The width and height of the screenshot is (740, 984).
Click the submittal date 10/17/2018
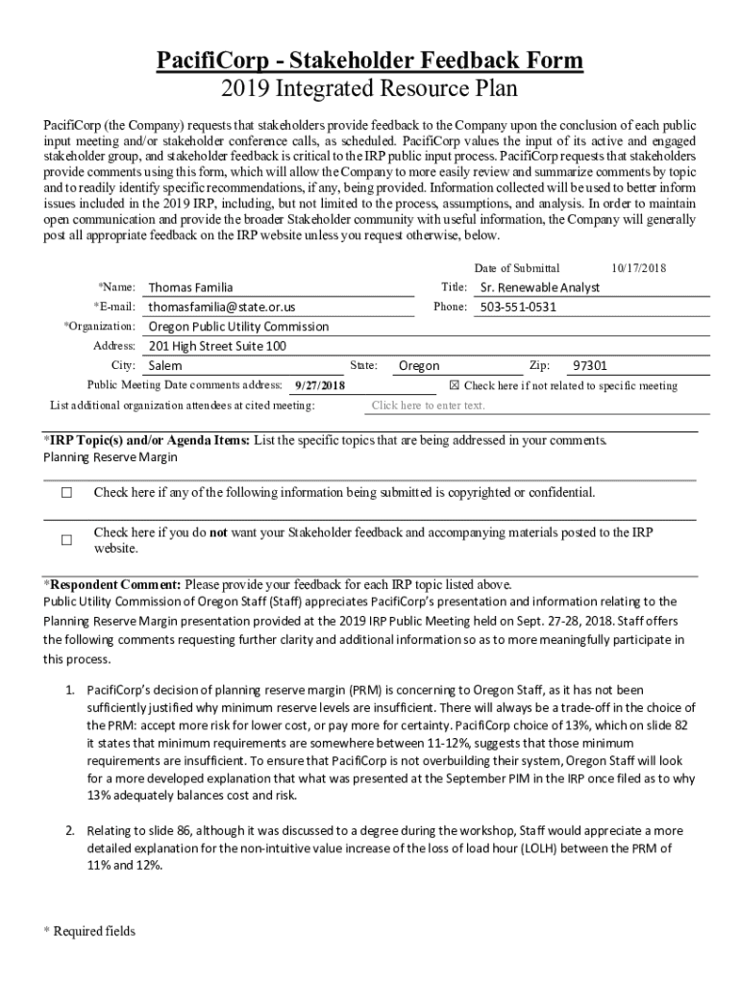pos(639,269)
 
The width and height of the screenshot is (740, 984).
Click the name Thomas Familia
pos(190,287)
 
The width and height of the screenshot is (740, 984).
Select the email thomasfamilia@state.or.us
pos(221,307)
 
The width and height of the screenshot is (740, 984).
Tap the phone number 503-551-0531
pos(518,307)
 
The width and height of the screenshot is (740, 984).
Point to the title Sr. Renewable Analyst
pos(539,287)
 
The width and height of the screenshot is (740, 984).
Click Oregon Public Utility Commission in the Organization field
pos(238,326)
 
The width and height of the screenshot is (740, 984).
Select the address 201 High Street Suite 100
pos(217,346)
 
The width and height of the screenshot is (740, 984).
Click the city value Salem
pos(165,365)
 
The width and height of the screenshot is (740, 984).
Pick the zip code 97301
pos(590,365)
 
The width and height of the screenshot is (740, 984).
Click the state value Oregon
pos(419,365)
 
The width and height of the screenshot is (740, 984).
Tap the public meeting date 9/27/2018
pos(319,385)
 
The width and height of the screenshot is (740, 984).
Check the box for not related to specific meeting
pos(456,385)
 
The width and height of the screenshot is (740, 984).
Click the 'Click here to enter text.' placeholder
pos(428,406)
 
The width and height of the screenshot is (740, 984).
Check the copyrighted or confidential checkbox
pos(66,493)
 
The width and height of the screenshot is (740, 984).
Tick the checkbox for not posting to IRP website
pos(66,540)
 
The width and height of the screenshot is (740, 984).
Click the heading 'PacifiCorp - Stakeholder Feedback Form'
pos(370,61)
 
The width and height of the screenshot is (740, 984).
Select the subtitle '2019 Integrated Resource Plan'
pos(370,89)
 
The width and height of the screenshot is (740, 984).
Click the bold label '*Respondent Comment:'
pos(112,584)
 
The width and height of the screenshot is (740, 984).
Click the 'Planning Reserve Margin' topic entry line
pos(111,457)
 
